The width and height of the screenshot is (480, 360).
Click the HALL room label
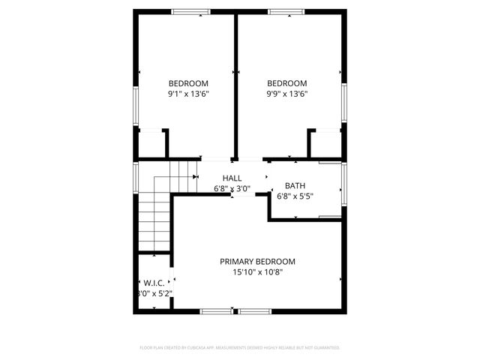(x=232, y=178)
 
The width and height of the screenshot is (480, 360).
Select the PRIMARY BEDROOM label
(x=257, y=262)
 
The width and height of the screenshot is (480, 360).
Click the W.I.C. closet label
(x=154, y=283)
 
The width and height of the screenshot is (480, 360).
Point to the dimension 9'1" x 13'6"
(x=188, y=94)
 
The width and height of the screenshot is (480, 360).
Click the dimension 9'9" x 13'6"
(x=287, y=94)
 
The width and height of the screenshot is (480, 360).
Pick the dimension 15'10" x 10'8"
(x=257, y=272)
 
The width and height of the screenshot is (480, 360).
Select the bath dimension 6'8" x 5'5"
(x=295, y=196)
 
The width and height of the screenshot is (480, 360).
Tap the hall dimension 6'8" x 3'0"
(x=232, y=189)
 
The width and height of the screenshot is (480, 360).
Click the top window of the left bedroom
(x=190, y=11)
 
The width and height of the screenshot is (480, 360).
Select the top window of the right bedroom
(x=287, y=11)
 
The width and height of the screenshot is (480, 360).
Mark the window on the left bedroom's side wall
(x=136, y=104)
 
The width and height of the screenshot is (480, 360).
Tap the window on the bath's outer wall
(x=344, y=187)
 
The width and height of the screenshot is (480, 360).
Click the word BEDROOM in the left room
(x=188, y=83)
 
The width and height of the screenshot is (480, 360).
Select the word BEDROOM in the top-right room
(x=287, y=83)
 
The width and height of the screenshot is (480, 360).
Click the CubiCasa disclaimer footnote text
(x=240, y=348)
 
